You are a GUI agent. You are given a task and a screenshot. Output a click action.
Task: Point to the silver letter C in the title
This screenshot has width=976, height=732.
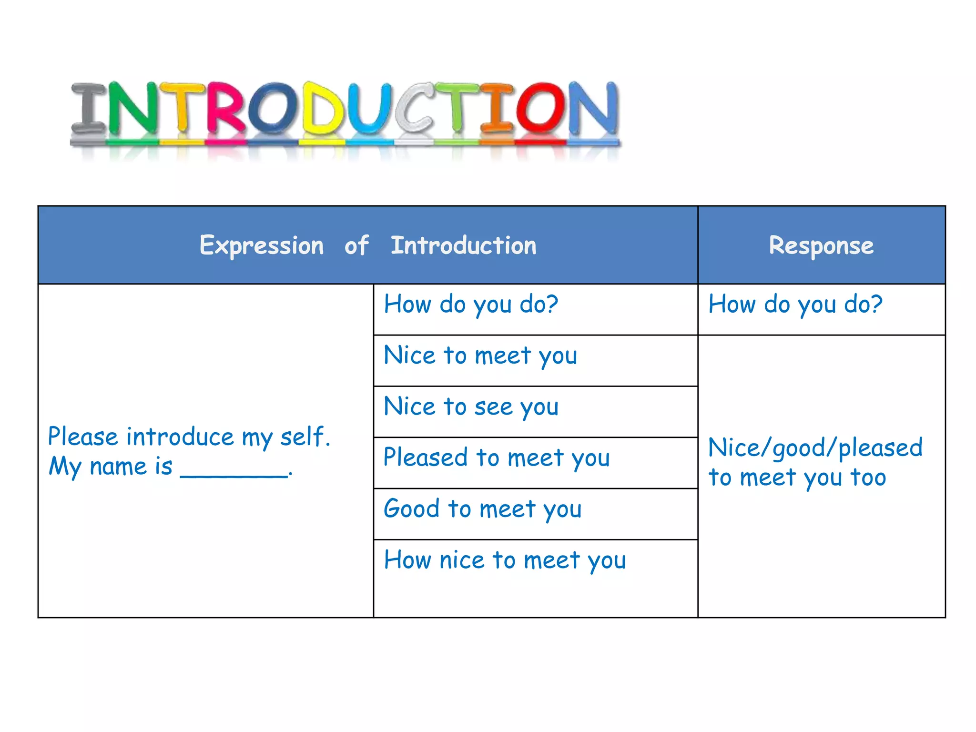413,109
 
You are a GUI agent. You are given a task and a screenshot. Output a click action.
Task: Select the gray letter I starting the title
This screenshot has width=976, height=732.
89,109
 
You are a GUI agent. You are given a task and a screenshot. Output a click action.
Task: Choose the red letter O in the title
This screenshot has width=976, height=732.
539,109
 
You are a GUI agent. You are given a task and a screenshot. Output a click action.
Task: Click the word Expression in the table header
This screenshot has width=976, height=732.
262,246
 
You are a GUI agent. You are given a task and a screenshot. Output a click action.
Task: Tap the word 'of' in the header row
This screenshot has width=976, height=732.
356,246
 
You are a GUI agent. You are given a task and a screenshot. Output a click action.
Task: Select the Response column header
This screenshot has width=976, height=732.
821,246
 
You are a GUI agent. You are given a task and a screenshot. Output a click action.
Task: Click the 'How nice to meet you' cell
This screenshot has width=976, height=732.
505,560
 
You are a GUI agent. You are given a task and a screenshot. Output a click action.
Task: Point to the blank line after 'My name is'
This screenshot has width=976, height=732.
234,472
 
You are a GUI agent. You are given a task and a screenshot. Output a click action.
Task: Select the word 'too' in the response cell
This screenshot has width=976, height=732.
868,478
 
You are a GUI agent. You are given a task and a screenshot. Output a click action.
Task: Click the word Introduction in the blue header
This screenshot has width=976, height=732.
463,246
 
